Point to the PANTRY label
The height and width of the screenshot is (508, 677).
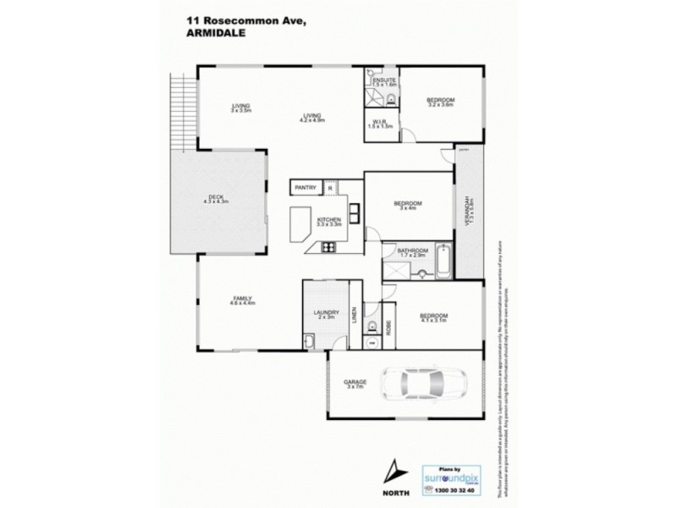coord(305,187)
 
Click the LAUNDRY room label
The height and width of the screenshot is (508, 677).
coord(326,312)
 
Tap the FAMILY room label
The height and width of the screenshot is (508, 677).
coord(244,299)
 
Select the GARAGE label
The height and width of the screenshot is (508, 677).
coord(355,382)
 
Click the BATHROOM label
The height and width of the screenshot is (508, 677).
coord(414,251)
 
